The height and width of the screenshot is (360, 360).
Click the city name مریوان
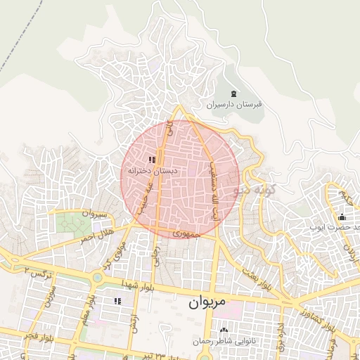pyautogui.click(x=209, y=304)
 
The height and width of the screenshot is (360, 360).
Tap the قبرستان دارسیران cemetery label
pyautogui.click(x=233, y=105)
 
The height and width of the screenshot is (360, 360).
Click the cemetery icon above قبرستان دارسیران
pyautogui.click(x=233, y=94)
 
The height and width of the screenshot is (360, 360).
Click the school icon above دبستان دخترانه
pyautogui.click(x=153, y=160)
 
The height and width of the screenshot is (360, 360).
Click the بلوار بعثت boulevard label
pyautogui.click(x=257, y=279)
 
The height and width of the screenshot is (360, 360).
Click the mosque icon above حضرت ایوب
pyautogui.click(x=342, y=217)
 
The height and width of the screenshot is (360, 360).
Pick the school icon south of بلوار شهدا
pyautogui.click(x=117, y=301)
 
